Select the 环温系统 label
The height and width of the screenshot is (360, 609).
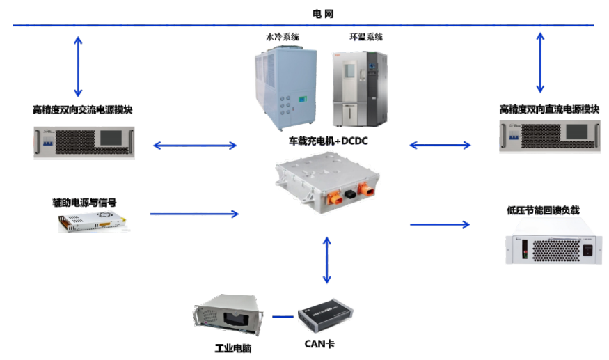pos(365,37)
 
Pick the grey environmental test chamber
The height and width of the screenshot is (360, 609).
pos(359,86)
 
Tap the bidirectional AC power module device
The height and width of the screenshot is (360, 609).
pos(84,142)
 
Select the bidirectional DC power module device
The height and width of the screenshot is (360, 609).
pos(549,136)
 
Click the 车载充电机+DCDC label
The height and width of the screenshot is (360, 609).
pos(328,141)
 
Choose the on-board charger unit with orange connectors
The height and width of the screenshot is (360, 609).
pos(326,184)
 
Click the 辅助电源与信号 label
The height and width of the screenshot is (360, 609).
pos(84,203)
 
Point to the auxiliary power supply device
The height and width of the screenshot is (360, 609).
pos(94,223)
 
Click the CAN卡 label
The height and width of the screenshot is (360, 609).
pos(319,343)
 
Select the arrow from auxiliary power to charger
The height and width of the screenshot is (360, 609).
pos(194,213)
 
